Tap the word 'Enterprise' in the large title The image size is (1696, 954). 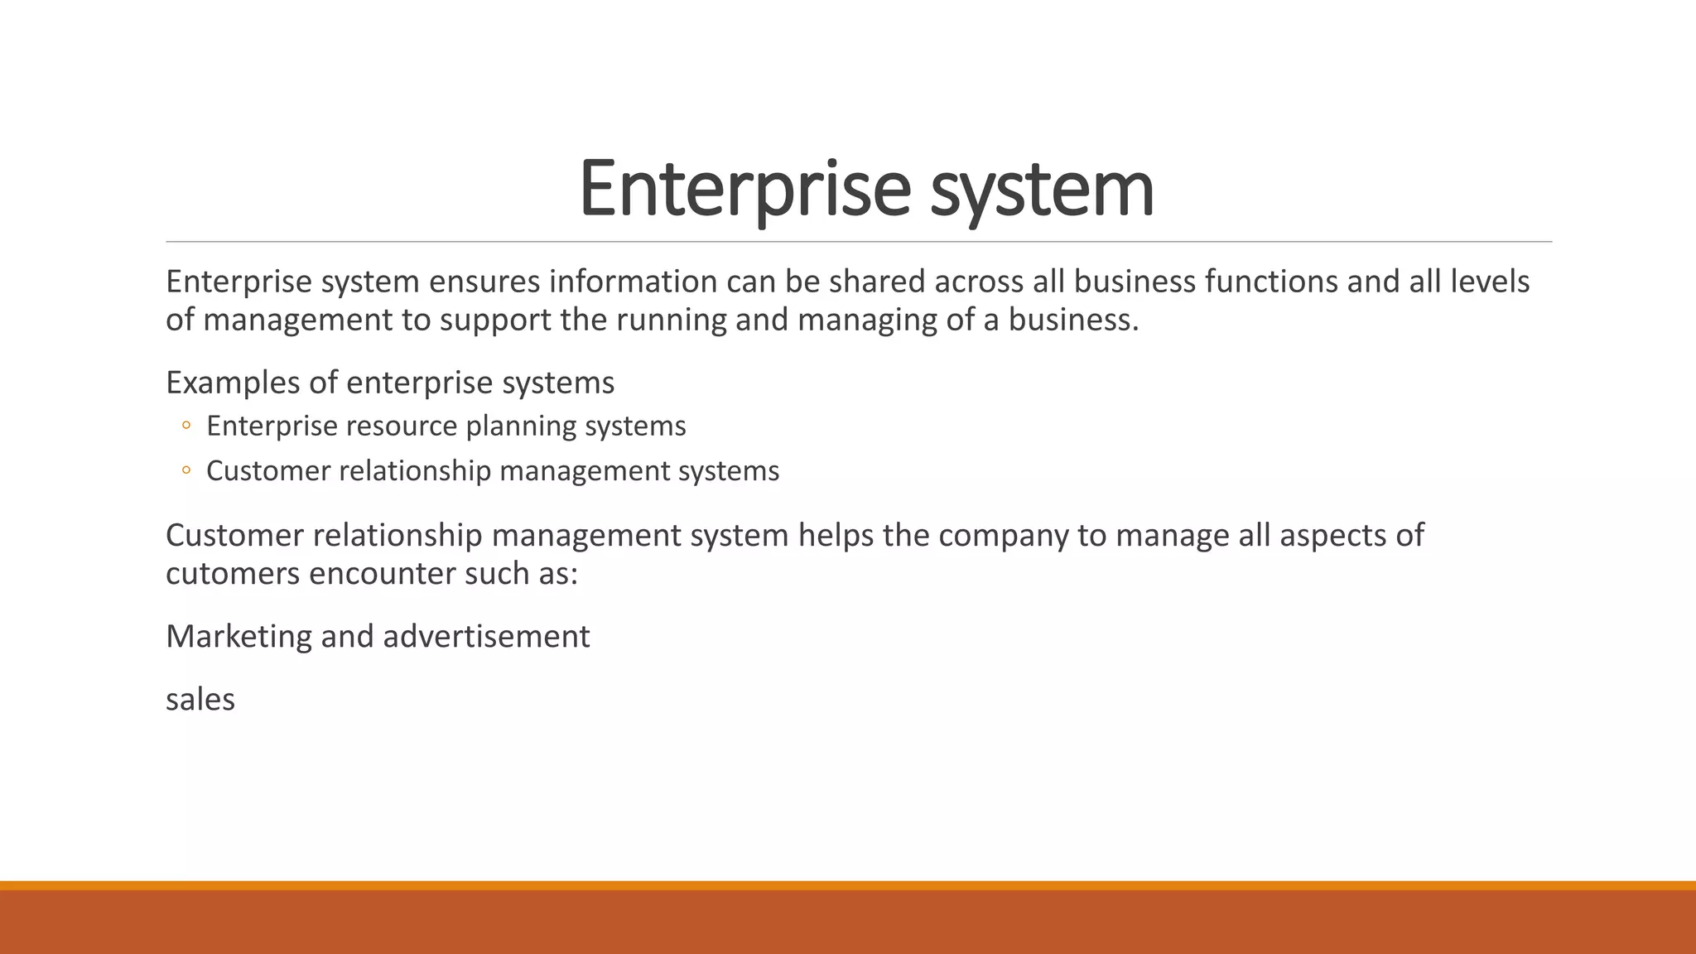[x=744, y=190]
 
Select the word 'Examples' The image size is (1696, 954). [x=233, y=383]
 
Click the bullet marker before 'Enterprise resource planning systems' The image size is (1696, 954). [x=186, y=426]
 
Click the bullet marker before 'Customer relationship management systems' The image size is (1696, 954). [x=186, y=470]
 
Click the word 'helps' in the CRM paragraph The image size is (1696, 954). [x=836, y=535]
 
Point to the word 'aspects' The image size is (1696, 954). [x=1332, y=537]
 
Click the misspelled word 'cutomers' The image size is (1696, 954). [x=233, y=573]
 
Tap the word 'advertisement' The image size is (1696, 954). [x=486, y=636]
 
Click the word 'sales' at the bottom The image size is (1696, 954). [x=200, y=700]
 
